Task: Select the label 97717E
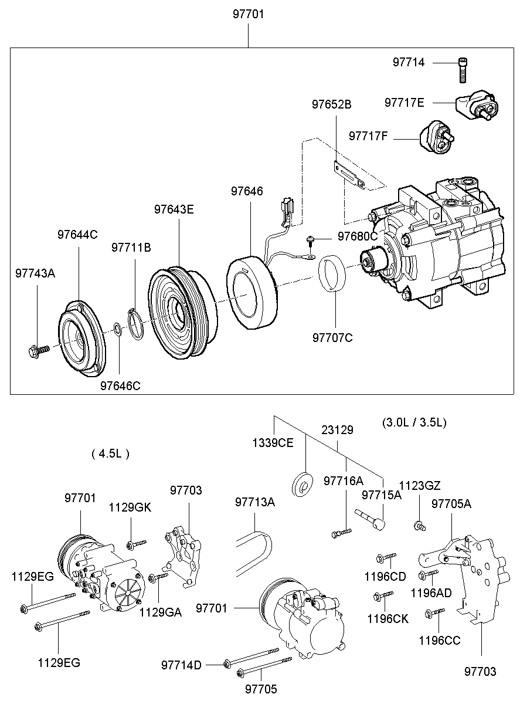tap(404, 102)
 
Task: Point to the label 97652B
tap(331, 104)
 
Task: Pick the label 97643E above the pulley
tap(174, 209)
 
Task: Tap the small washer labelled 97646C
tap(117, 328)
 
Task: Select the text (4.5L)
tap(111, 453)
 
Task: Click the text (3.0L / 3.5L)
tap(414, 422)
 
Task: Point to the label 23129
tap(337, 430)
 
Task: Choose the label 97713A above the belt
tap(254, 502)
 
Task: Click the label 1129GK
tap(130, 507)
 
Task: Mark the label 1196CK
tap(388, 618)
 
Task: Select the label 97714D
tap(181, 665)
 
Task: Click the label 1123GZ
tap(419, 485)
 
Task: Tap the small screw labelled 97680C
tap(311, 239)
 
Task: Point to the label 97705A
tap(451, 503)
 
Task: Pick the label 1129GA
tap(160, 612)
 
